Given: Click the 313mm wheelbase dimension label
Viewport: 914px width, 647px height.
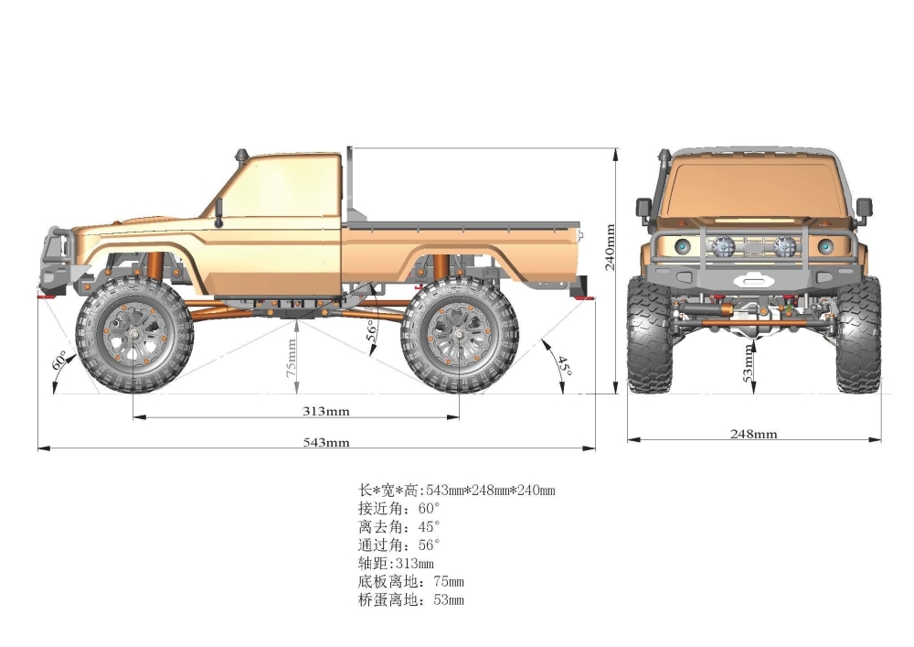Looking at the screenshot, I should pyautogui.click(x=326, y=411).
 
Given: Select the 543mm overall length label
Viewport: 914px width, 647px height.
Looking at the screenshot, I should pyautogui.click(x=326, y=442).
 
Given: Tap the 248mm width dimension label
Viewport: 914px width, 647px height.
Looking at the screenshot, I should pyautogui.click(x=754, y=433).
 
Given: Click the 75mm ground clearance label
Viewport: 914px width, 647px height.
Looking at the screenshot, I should pyautogui.click(x=292, y=358).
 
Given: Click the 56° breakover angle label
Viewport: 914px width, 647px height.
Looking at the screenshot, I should pyautogui.click(x=371, y=330).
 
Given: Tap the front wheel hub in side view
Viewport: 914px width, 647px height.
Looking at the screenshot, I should pyautogui.click(x=134, y=335).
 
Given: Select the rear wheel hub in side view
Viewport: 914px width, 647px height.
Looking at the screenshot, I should pyautogui.click(x=459, y=335).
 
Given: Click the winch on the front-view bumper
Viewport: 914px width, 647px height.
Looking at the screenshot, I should pyautogui.click(x=754, y=280).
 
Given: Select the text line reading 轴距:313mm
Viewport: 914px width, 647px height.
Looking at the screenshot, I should pyautogui.click(x=396, y=563).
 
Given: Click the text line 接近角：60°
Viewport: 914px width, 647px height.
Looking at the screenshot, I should pyautogui.click(x=399, y=508).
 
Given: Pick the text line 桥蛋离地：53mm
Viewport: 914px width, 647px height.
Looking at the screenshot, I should pyautogui.click(x=411, y=599).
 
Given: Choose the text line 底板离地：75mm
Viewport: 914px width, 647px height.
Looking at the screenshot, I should pyautogui.click(x=411, y=581).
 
